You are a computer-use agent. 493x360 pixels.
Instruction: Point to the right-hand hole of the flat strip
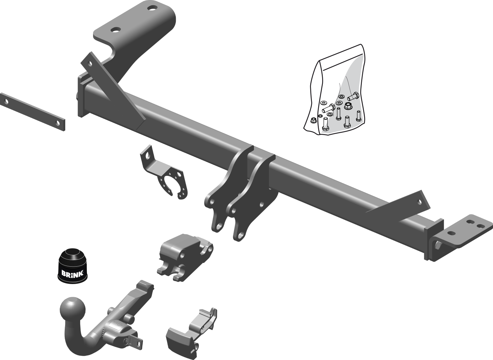click(58, 123)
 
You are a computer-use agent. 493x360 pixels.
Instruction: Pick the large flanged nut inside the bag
click(348, 106)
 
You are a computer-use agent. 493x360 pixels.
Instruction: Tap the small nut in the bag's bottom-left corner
click(314, 120)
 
